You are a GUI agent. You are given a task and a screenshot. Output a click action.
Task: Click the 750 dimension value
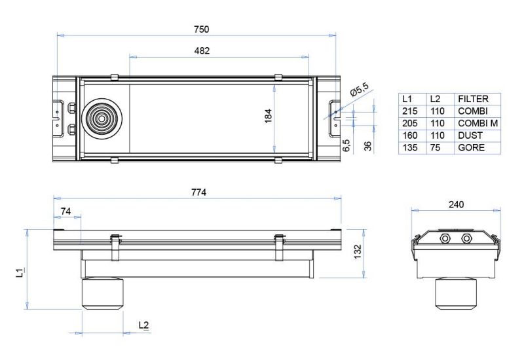coord(202,29)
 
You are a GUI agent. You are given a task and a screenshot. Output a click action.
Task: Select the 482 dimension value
coord(202,51)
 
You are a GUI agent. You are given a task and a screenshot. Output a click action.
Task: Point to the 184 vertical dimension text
coord(269,117)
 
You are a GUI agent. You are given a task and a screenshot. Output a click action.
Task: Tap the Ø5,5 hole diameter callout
coord(360,89)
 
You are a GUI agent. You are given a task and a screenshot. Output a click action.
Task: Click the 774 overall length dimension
coord(199,192)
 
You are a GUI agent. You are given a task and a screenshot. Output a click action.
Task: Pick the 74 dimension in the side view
coord(66,211)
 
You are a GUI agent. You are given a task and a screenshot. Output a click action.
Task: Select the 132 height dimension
coord(358,252)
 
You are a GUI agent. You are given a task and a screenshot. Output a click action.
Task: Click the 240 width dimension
coord(456,204)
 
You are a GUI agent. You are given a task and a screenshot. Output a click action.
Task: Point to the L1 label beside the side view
coord(20,272)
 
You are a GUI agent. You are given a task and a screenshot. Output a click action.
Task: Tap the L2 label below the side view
coord(143,325)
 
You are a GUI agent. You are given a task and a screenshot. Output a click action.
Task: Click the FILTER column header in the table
coord(473,99)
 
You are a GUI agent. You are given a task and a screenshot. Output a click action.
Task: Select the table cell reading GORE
coord(471,148)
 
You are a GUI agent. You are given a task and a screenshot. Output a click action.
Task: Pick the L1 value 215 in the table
coord(410,111)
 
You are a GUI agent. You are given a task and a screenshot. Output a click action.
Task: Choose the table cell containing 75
coord(436,148)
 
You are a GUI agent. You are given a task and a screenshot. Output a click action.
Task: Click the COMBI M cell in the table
coord(478,123)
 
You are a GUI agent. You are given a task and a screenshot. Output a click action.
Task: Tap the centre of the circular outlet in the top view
coord(102,118)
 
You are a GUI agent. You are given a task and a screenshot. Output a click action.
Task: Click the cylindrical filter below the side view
coord(103,293)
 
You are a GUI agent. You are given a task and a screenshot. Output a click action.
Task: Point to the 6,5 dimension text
coord(346,145)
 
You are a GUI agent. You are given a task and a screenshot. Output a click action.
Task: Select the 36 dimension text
coord(367,146)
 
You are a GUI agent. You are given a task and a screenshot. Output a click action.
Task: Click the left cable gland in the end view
coord(445,238)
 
